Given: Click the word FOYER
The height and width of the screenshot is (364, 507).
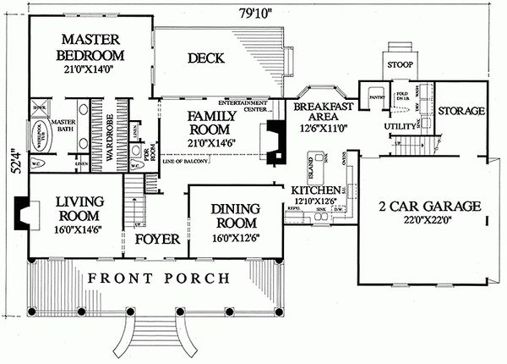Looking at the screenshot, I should [158, 240].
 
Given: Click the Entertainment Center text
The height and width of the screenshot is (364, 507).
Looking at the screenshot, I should [251, 103].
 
